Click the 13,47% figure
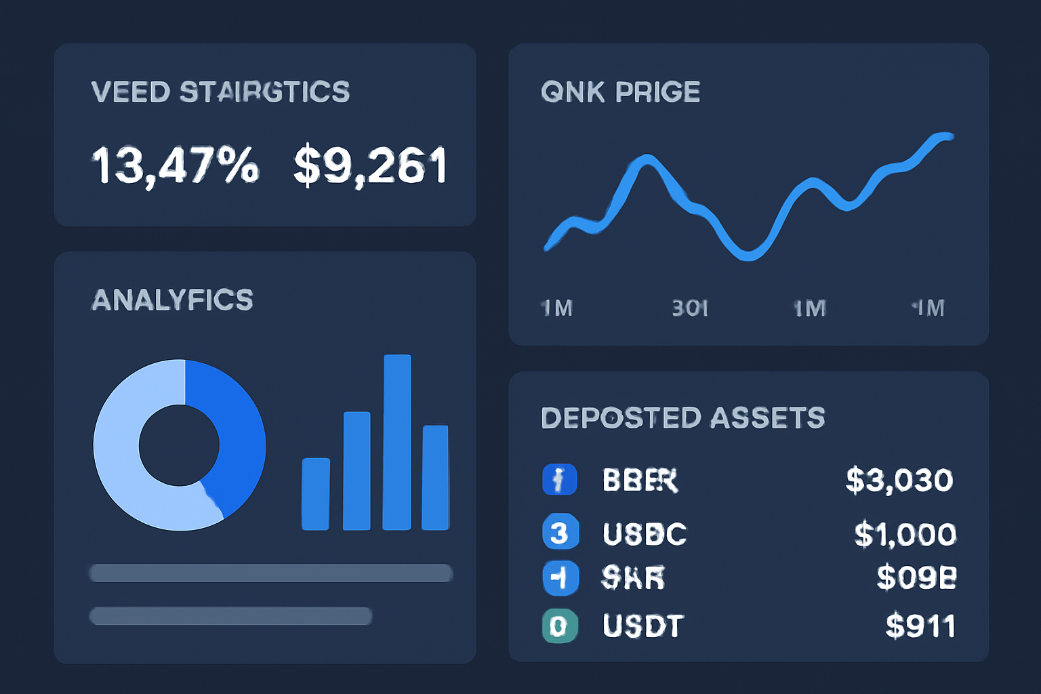tap(175, 165)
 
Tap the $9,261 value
tap(370, 165)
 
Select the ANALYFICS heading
tap(172, 300)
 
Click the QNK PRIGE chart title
tap(620, 92)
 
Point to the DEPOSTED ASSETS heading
tap(683, 418)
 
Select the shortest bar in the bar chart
tap(316, 493)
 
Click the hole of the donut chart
tap(179, 445)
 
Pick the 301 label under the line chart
tap(690, 309)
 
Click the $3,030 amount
tap(899, 481)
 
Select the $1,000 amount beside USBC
tap(905, 535)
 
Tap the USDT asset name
tap(642, 626)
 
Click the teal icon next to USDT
tap(560, 626)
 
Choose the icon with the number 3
tap(560, 533)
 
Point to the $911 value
tap(920, 626)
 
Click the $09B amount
tap(916, 577)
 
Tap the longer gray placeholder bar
tap(271, 573)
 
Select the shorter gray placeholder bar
tap(230, 616)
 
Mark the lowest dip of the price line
tap(748, 256)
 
